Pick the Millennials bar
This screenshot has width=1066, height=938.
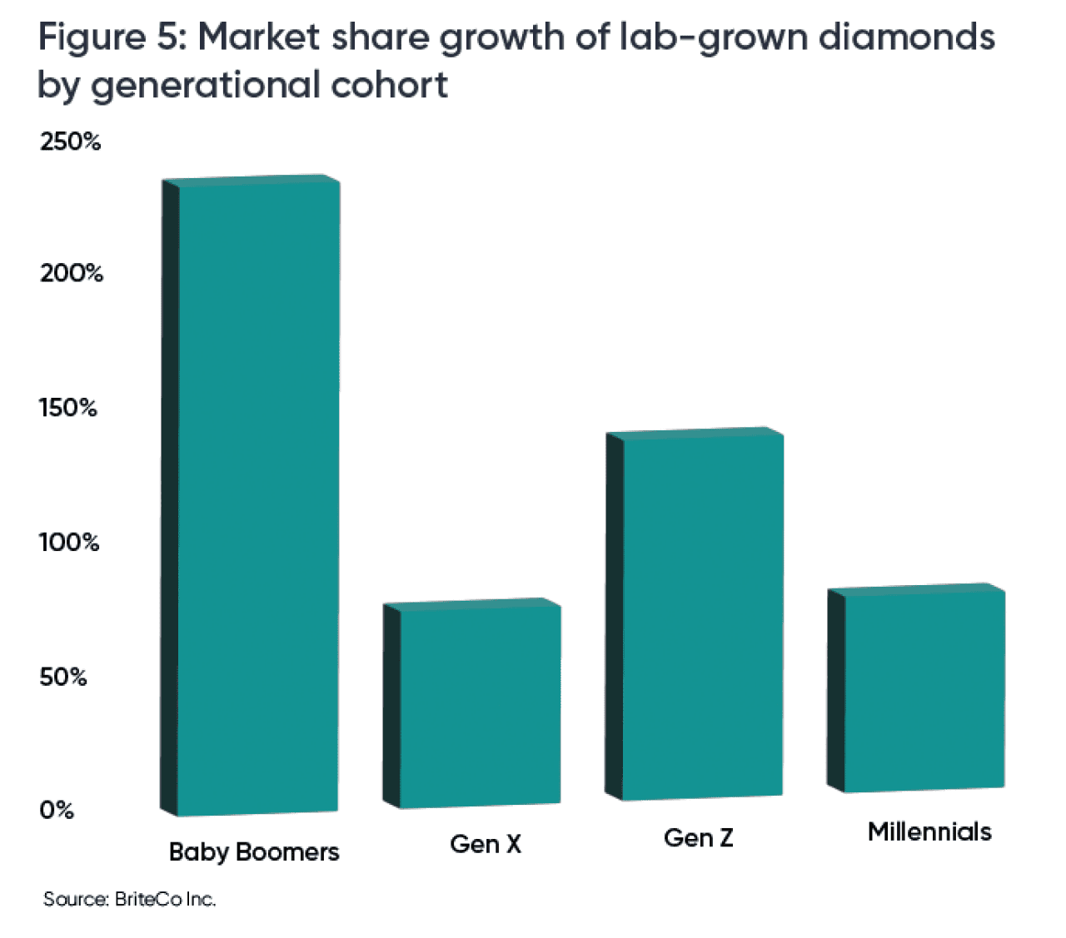coord(924,690)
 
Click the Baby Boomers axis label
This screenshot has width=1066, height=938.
coord(254,852)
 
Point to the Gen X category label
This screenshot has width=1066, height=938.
coord(486,844)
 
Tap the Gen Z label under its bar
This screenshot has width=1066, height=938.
coord(699,838)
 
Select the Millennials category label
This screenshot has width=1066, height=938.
coord(929,831)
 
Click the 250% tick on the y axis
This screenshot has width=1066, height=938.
coord(70,141)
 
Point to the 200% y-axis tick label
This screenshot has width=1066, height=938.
coord(72,273)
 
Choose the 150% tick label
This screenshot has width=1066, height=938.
coord(68,408)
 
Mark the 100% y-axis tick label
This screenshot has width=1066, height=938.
coord(69,543)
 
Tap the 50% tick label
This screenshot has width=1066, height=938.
coord(63,677)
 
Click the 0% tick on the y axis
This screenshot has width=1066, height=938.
coord(57,810)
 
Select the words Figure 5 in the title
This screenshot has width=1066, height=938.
coord(112,38)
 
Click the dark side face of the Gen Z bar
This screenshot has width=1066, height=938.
coord(614,617)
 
